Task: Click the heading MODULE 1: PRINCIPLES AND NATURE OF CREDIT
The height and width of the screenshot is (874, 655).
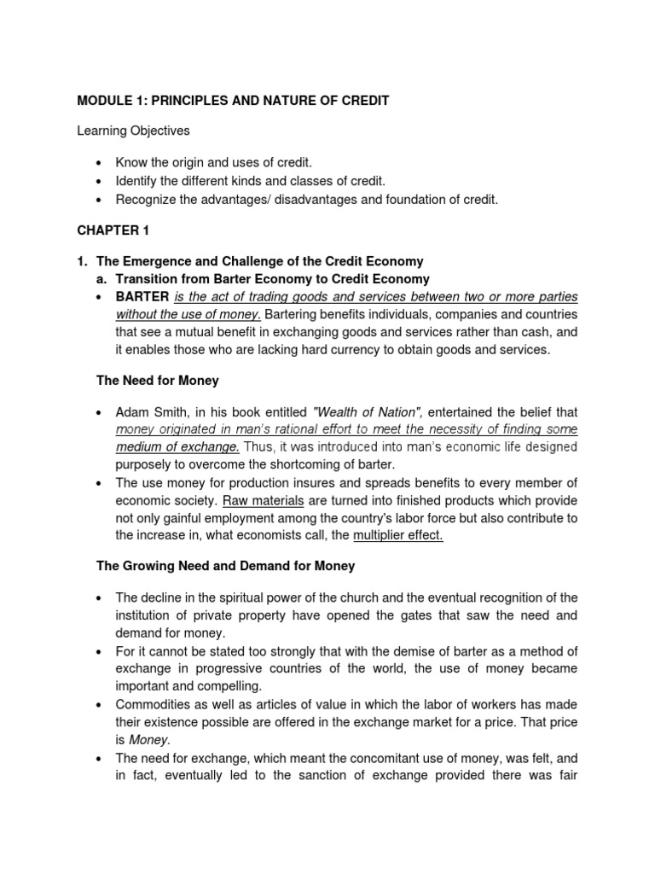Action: tap(233, 101)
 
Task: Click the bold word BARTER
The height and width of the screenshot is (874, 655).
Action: tap(142, 297)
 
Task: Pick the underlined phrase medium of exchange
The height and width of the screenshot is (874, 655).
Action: tap(177, 447)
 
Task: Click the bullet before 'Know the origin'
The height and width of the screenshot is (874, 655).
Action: tap(99, 162)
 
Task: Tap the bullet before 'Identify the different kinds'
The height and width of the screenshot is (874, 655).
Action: tap(99, 181)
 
